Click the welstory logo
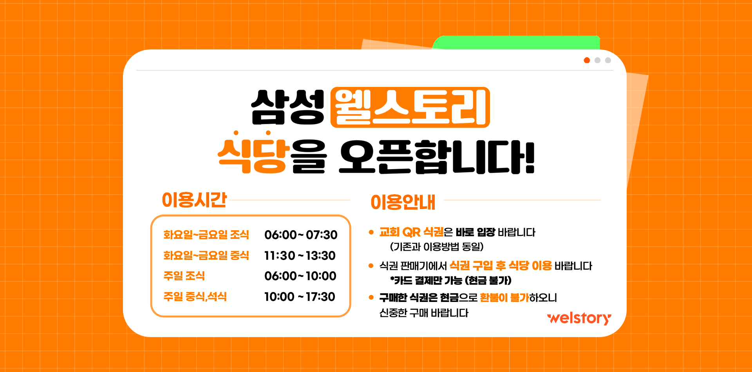[579, 318]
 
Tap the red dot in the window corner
[587, 60]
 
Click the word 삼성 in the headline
[288, 107]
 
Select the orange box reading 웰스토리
[410, 107]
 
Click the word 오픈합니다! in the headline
[437, 157]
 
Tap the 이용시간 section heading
[194, 200]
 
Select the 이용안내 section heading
[403, 202]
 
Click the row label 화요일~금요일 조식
[206, 235]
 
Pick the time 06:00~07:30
[301, 235]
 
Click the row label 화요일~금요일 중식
[206, 255]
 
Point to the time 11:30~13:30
[300, 256]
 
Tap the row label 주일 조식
[184, 276]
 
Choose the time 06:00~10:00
[300, 276]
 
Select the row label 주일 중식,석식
[195, 296]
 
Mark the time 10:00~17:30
[300, 297]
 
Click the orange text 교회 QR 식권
[411, 232]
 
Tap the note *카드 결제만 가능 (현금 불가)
[451, 280]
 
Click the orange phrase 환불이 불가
[504, 298]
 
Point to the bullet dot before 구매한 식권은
[371, 298]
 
